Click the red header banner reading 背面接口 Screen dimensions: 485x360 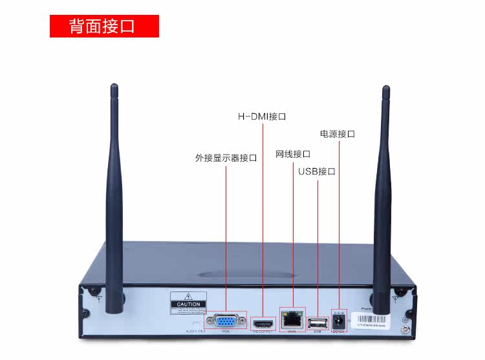(x=104, y=26)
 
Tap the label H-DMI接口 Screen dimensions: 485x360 (x=262, y=117)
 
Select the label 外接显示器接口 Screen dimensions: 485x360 (x=226, y=158)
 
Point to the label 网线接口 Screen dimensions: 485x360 (x=293, y=154)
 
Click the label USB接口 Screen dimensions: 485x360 (x=317, y=172)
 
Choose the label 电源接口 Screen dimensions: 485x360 (x=338, y=134)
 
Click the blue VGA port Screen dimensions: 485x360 (x=226, y=319)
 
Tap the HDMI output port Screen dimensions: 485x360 (x=263, y=321)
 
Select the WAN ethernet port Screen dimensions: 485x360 (x=291, y=319)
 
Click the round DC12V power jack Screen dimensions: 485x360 (x=338, y=320)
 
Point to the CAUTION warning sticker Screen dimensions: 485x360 (x=188, y=303)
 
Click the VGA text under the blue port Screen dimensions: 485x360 (x=226, y=332)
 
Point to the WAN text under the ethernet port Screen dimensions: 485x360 (x=291, y=332)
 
